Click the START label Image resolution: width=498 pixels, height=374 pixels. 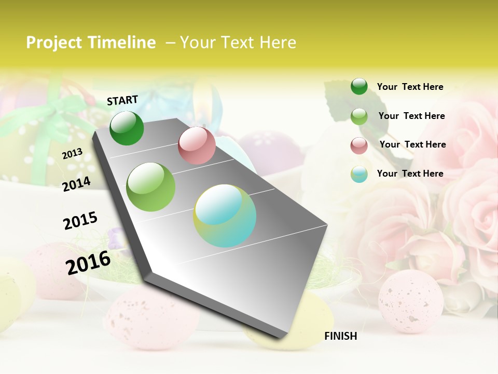[x=122, y=100]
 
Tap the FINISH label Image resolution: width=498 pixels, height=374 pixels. [x=340, y=336]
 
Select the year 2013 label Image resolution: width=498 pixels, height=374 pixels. [x=72, y=154]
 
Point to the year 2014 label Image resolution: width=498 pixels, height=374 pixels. [x=76, y=184]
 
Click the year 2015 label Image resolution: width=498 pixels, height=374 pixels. [x=80, y=220]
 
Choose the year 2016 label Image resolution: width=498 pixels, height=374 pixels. [x=88, y=262]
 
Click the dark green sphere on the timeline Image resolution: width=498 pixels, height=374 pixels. [x=127, y=128]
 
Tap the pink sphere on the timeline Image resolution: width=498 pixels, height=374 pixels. [x=197, y=145]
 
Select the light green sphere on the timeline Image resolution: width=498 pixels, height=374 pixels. [x=151, y=187]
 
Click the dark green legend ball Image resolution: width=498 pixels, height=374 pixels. [x=359, y=86]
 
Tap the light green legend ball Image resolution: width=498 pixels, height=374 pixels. [x=359, y=116]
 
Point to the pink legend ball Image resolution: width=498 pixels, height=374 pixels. [x=359, y=145]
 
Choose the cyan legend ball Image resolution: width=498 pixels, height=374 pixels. [x=359, y=174]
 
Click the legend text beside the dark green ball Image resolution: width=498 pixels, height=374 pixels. [x=410, y=87]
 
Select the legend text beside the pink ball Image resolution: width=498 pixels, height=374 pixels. [x=412, y=144]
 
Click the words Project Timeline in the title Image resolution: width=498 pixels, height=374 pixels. [x=91, y=43]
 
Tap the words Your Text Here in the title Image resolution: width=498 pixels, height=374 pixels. [x=238, y=43]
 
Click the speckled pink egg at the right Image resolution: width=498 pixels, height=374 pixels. [x=411, y=301]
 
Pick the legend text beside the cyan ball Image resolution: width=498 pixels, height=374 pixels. [x=410, y=173]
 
